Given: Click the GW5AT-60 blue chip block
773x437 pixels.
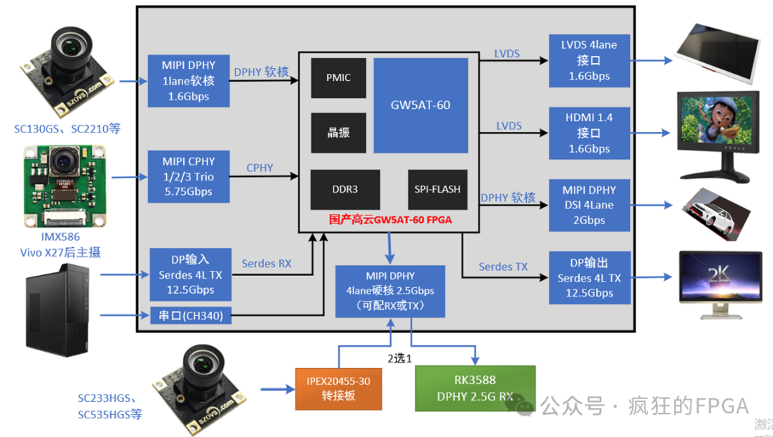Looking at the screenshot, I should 420,105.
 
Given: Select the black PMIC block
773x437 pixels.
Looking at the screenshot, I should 339,77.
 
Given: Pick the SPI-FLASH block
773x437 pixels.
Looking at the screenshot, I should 437,189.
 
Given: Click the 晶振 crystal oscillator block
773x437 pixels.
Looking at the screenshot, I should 339,133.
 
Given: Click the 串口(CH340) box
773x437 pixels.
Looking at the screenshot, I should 190,315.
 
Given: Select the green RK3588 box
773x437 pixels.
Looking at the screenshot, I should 475,388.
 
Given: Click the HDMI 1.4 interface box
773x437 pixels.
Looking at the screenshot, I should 589,133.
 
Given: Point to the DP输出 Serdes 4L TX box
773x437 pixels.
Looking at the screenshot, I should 589,277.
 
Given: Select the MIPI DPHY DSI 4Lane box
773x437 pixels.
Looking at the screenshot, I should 589,205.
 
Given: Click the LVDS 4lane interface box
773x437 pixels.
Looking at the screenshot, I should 589,60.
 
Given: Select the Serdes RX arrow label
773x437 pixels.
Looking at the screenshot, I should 266,264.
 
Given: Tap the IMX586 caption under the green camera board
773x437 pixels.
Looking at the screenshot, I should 61,236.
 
